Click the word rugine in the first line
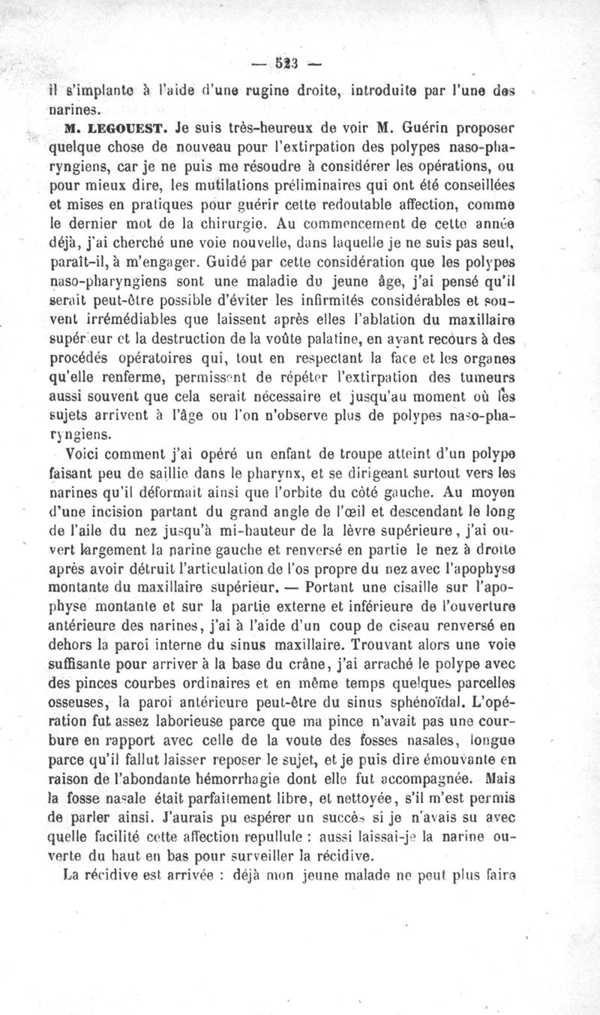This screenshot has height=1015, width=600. pos(268,91)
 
